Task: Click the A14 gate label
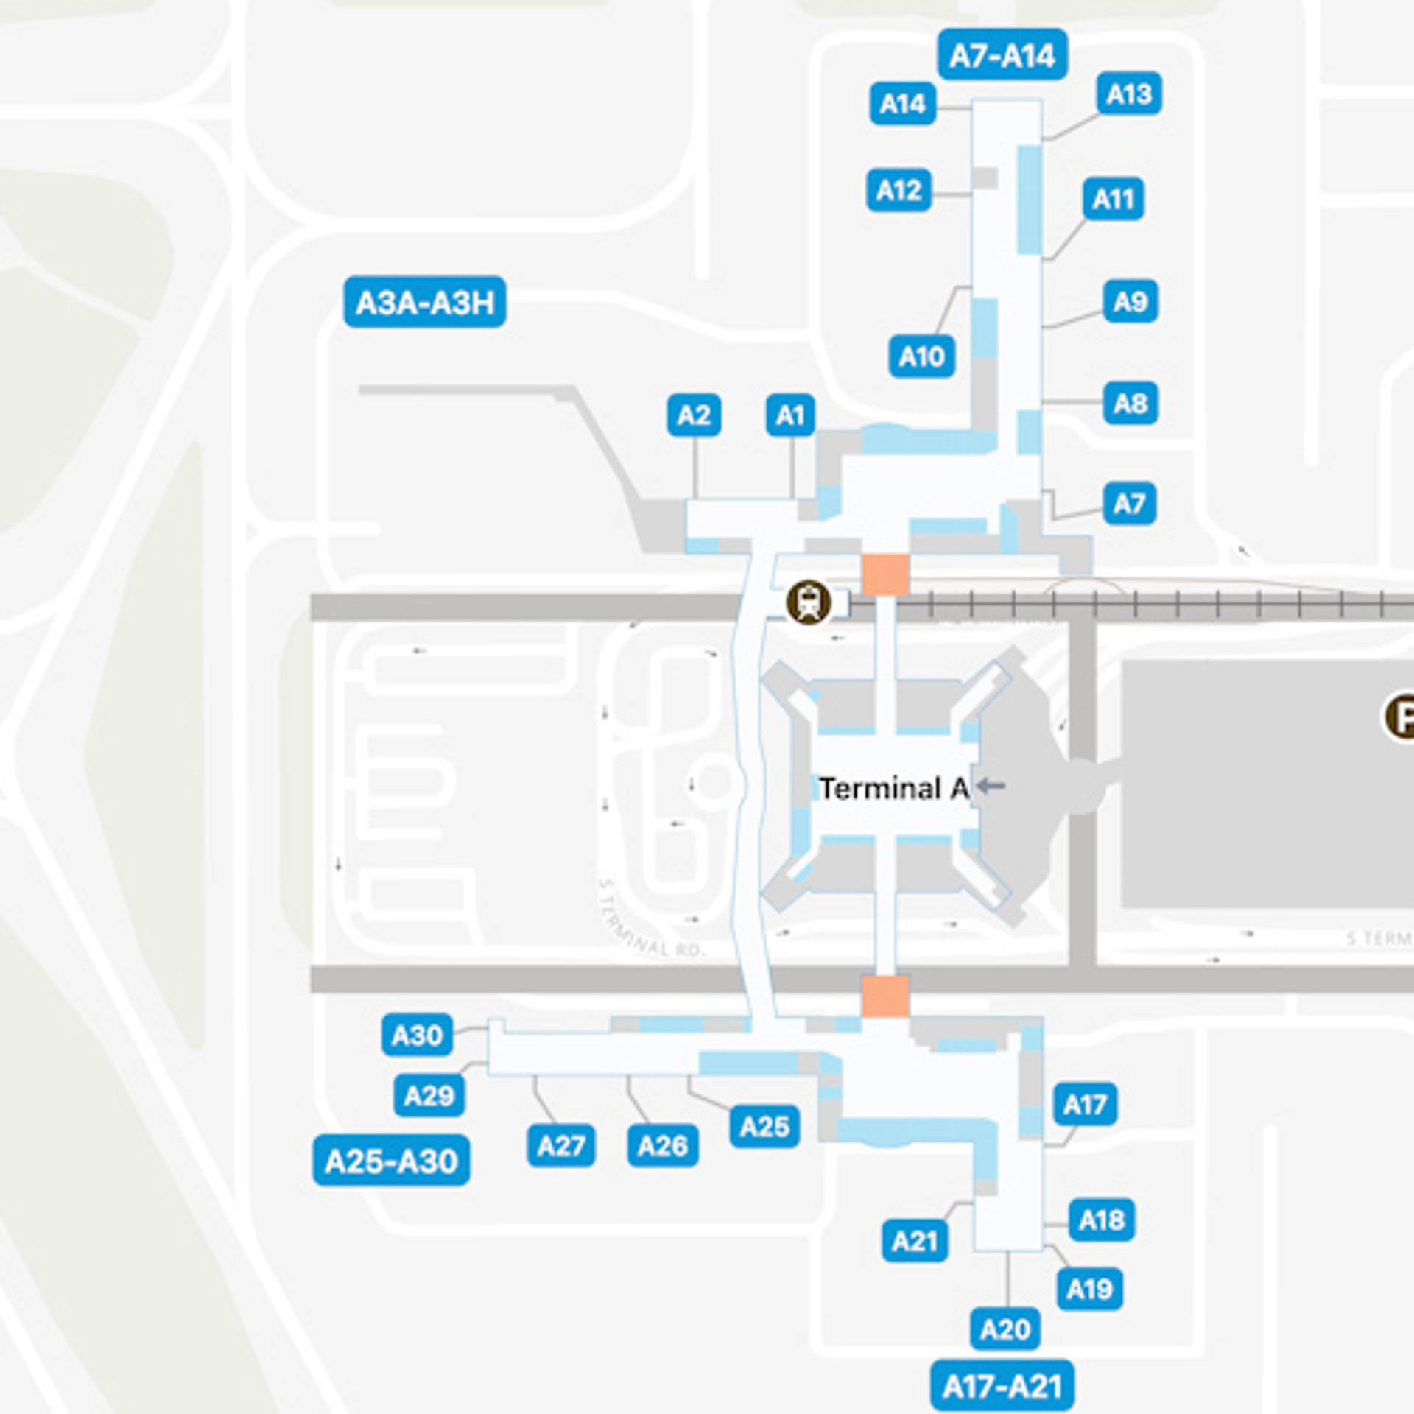click(x=902, y=104)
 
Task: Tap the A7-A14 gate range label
click(x=1002, y=55)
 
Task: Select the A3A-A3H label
click(x=425, y=302)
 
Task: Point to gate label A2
click(x=694, y=415)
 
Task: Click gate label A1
click(x=790, y=415)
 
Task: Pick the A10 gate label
click(x=921, y=356)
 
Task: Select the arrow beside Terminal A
click(x=991, y=787)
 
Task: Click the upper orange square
click(x=885, y=575)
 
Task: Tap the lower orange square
click(x=885, y=996)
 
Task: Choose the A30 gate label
click(x=417, y=1035)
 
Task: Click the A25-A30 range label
click(x=391, y=1161)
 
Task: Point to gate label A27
click(x=560, y=1146)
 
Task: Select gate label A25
click(x=764, y=1126)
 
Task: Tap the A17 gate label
click(x=1085, y=1104)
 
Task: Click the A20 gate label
click(x=1005, y=1329)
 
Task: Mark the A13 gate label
click(x=1129, y=94)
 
